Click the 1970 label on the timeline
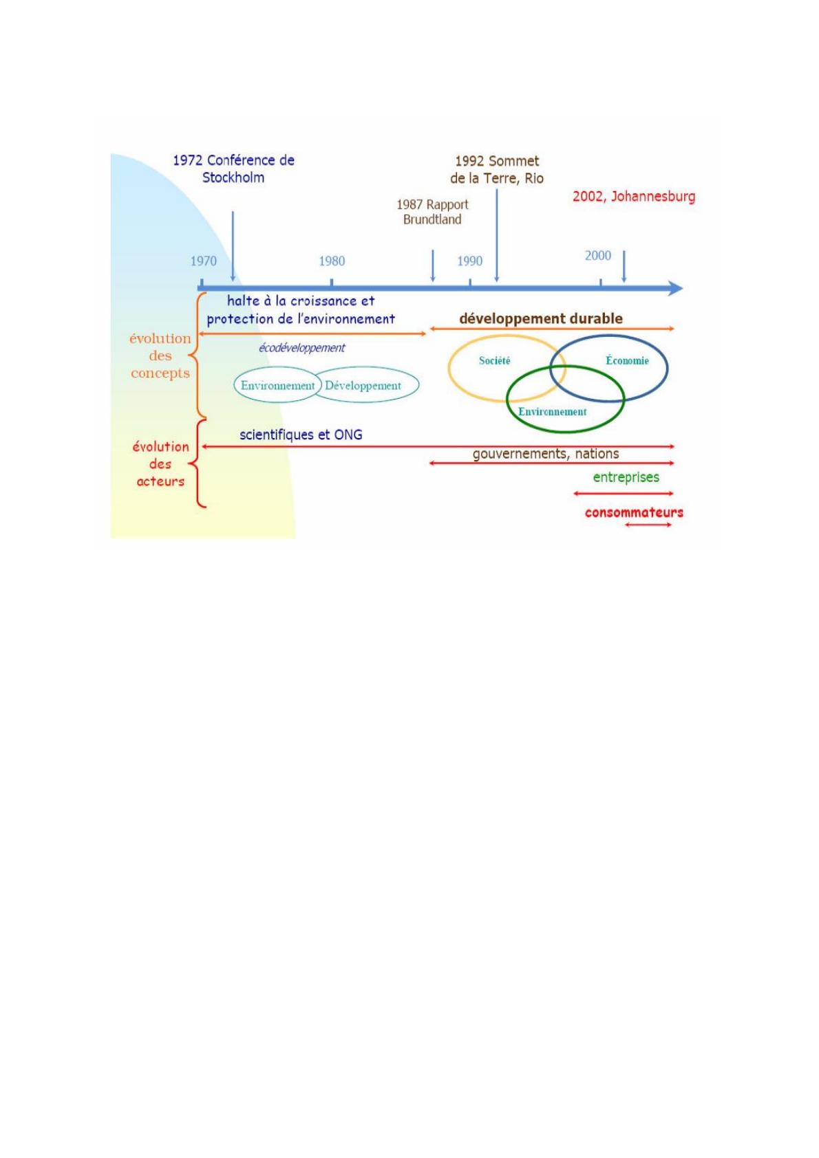[x=203, y=261]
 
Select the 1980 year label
[x=332, y=261]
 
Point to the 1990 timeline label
[x=470, y=261]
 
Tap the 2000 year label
[x=598, y=256]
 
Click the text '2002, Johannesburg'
[x=634, y=197]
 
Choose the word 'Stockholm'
[x=233, y=177]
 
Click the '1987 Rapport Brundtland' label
[x=432, y=212]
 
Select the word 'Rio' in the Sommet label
[x=534, y=179]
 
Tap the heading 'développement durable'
[x=541, y=319]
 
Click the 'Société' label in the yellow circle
[x=495, y=361]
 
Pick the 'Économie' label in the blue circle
[x=627, y=361]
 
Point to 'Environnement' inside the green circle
[x=553, y=412]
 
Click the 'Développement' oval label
[x=363, y=386]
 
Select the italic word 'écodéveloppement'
[x=301, y=348]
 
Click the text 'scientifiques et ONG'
[x=301, y=435]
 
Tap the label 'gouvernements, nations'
[x=546, y=454]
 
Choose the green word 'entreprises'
[x=626, y=477]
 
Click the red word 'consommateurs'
[x=634, y=512]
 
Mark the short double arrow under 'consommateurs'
[x=648, y=525]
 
